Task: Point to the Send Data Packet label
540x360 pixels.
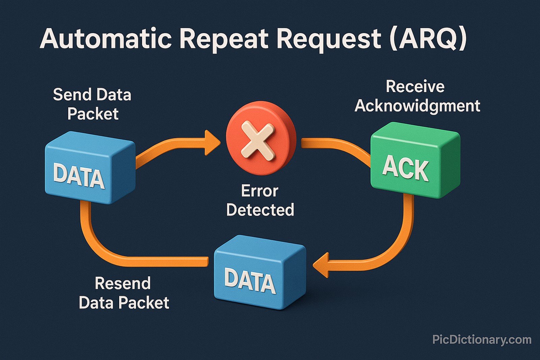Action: pos(92,104)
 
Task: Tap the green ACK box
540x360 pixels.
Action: pos(415,160)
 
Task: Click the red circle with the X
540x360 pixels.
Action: pos(261,138)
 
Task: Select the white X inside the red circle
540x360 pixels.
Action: pos(258,140)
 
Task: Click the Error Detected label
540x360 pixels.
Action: pos(260,200)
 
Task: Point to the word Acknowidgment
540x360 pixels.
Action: pos(417,106)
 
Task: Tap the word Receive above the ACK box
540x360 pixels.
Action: pos(415,87)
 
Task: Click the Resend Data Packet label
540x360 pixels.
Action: pos(124,293)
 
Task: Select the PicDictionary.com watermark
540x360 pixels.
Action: pos(482,339)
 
